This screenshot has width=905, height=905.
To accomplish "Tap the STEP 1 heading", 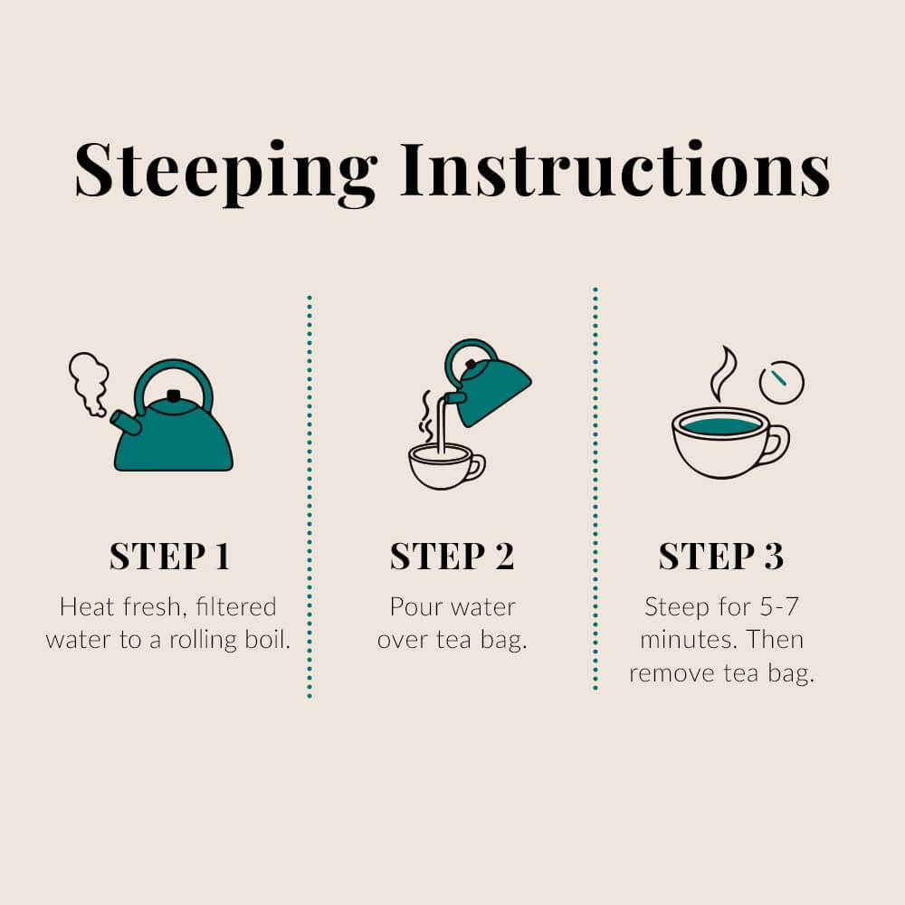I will (x=170, y=557).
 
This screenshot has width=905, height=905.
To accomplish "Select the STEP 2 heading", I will (x=452, y=557).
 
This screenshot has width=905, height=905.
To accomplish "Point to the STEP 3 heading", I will (x=720, y=557).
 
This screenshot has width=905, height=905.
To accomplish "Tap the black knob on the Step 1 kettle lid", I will (x=174, y=395).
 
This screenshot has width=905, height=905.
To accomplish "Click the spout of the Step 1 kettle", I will (x=125, y=422).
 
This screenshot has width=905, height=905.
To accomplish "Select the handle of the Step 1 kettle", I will (x=173, y=373).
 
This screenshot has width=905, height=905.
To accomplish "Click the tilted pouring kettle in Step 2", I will (x=489, y=385).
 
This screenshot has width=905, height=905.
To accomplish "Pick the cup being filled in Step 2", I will (x=442, y=467).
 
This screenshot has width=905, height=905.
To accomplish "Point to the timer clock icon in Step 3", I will (x=782, y=382).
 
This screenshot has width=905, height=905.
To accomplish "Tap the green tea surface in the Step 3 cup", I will (x=720, y=424).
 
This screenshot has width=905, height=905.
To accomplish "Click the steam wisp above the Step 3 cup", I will (x=722, y=373).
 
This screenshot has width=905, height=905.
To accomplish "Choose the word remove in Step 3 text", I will (x=671, y=673).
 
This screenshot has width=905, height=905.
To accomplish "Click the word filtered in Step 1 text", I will (x=234, y=605).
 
